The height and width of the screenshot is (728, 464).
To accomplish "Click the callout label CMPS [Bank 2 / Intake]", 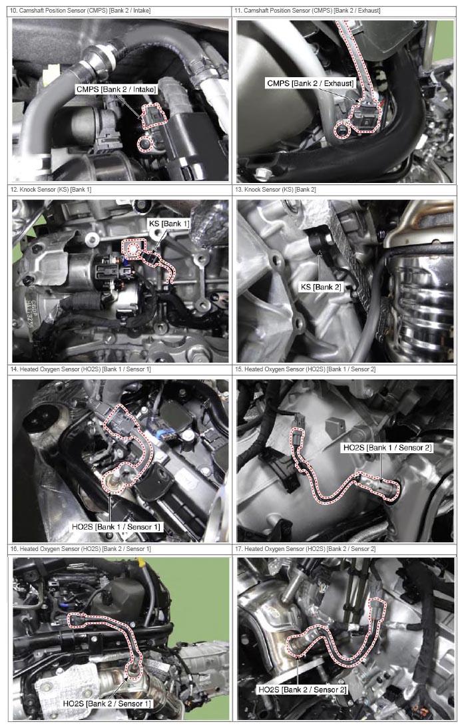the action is (116, 89).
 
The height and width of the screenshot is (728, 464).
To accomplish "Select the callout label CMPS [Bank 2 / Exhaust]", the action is (310, 84).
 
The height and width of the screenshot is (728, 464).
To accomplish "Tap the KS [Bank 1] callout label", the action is (169, 224).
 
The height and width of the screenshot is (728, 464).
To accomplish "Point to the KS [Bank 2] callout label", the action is (320, 287).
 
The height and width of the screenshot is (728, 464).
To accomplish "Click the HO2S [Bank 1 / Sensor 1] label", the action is (116, 527).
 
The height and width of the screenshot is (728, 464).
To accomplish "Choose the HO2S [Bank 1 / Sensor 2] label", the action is (387, 448).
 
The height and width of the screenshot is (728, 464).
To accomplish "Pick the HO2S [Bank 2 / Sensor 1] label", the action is (107, 704).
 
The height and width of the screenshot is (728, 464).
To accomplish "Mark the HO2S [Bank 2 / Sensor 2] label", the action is (302, 690).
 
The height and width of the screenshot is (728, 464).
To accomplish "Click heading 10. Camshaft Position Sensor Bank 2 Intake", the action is (81, 10).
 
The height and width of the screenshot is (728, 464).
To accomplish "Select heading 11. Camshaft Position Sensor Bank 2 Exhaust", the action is (308, 10).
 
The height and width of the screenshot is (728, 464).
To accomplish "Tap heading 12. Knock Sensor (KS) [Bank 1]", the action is (51, 190).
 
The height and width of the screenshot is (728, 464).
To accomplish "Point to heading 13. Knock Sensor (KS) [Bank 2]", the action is (276, 190).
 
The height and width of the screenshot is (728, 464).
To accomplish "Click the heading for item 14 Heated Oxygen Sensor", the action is (81, 369).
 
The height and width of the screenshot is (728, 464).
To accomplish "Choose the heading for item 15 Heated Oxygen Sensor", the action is (305, 369).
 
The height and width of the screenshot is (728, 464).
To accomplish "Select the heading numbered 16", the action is (81, 549).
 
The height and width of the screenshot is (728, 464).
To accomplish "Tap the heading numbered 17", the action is (305, 549).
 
